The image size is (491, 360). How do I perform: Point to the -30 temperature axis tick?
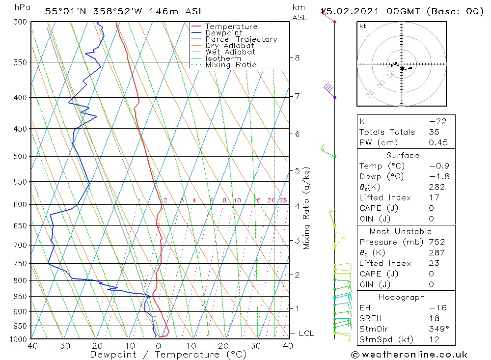click(x=62, y=346)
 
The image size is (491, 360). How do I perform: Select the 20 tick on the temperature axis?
click(x=224, y=346)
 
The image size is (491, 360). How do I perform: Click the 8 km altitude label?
click(x=297, y=57)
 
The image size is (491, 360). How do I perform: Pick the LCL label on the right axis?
click(x=306, y=333)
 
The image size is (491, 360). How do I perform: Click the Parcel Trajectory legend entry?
click(x=241, y=39)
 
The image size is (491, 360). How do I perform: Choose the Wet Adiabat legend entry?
click(x=230, y=52)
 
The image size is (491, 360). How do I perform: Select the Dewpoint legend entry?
click(x=224, y=33)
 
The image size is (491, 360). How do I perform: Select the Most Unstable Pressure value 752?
click(x=436, y=242)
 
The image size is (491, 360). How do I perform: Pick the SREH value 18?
click(x=434, y=318)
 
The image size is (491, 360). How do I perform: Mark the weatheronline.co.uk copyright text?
click(x=409, y=355)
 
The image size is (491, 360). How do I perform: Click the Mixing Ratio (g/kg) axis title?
click(x=307, y=208)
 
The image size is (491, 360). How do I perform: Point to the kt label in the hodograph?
click(x=363, y=26)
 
